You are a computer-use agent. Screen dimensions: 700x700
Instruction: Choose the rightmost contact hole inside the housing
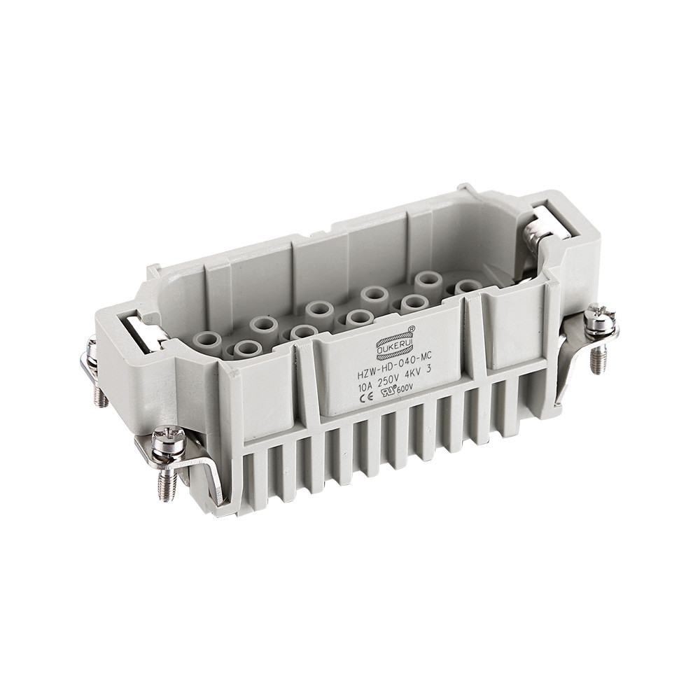[x=467, y=287]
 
